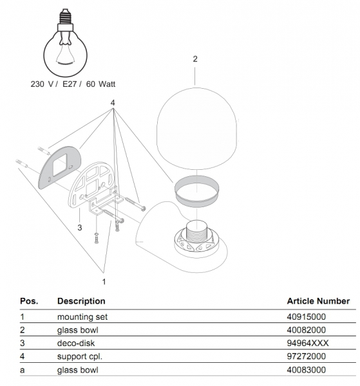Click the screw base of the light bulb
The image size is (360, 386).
pyautogui.click(x=65, y=16)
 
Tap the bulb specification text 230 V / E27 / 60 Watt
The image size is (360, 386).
pyautogui.click(x=73, y=84)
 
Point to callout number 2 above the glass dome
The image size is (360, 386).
pyautogui.click(x=195, y=59)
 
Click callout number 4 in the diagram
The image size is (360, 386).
pyautogui.click(x=113, y=103)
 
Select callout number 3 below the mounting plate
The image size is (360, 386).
pyautogui.click(x=80, y=228)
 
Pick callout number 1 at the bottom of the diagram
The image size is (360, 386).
pyautogui.click(x=104, y=282)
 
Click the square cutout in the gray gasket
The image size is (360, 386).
pyautogui.click(x=60, y=165)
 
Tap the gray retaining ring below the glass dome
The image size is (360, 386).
pyautogui.click(x=197, y=191)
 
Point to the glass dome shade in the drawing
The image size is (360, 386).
pyautogui.click(x=197, y=129)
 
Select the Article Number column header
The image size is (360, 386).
pyautogui.click(x=318, y=301)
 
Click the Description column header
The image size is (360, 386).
pyautogui.click(x=81, y=301)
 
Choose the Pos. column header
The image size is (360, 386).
pyautogui.click(x=29, y=301)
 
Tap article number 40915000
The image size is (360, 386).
pyautogui.click(x=306, y=317)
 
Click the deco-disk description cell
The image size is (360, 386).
pyautogui.click(x=76, y=343)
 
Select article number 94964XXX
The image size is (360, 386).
pyautogui.click(x=308, y=343)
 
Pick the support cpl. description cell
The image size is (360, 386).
pyautogui.click(x=80, y=356)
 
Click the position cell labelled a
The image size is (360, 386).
pyautogui.click(x=22, y=371)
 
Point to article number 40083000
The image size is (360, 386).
pyautogui.click(x=306, y=370)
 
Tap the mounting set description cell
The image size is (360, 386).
pyautogui.click(x=82, y=317)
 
